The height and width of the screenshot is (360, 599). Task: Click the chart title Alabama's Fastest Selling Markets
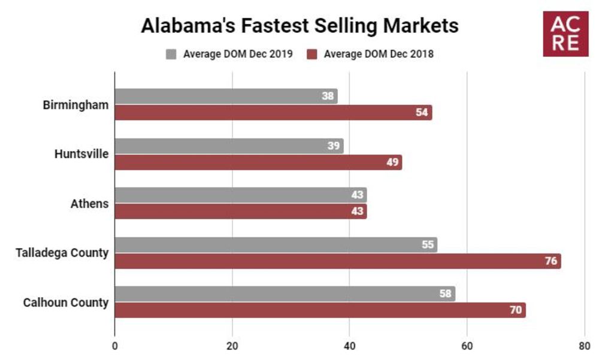[x=299, y=26]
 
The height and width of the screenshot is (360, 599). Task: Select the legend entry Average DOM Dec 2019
[x=231, y=54]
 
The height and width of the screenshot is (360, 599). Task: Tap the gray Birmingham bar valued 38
[x=226, y=96]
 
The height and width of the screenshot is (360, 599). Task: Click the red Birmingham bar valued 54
[x=273, y=113]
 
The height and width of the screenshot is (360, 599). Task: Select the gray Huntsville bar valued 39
[x=229, y=146]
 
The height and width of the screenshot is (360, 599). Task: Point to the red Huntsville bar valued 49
[x=258, y=162]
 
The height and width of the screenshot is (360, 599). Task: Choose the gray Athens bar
[x=240, y=195]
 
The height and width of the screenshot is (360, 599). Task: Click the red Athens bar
[x=240, y=211]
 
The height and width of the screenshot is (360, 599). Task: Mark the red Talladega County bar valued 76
[x=337, y=261]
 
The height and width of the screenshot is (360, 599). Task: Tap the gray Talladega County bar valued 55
[x=276, y=244]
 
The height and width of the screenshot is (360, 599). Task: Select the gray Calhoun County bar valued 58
[x=285, y=294]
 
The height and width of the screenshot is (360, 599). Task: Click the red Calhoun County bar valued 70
[x=320, y=310]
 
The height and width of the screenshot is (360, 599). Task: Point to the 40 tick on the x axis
[x=349, y=346]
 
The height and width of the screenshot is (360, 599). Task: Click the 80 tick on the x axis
[x=584, y=346]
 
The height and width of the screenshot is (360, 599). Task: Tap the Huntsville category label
[x=81, y=154]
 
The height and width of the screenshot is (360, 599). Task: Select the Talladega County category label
[x=62, y=253]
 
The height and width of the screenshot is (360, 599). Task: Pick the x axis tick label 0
[x=114, y=346]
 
